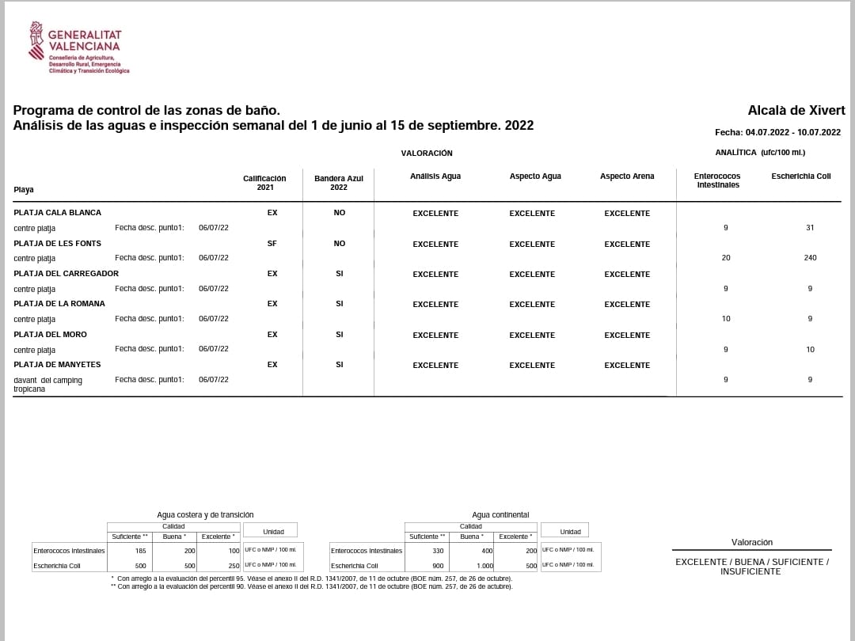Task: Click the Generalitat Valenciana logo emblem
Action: pos(36,40)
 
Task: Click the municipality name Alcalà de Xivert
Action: pos(796,111)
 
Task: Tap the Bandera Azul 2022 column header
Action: pos(339,183)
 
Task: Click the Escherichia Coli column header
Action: pos(801,176)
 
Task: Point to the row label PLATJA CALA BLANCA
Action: pos(58,213)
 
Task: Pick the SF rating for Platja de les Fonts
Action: pos(272,244)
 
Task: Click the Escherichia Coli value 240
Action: pos(810,258)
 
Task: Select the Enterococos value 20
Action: pos(726,258)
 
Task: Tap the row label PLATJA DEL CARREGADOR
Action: pos(66,274)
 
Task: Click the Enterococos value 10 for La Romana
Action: pos(726,319)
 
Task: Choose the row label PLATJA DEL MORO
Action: pos(51,335)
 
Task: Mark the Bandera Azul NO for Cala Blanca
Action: pos(340,213)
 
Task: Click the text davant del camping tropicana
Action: pos(47,385)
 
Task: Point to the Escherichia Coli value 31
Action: pos(810,228)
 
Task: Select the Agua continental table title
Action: pos(500,515)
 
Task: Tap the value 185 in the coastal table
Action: pos(141,550)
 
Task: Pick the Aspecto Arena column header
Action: pos(627,176)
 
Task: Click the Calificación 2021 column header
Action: pos(264,183)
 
